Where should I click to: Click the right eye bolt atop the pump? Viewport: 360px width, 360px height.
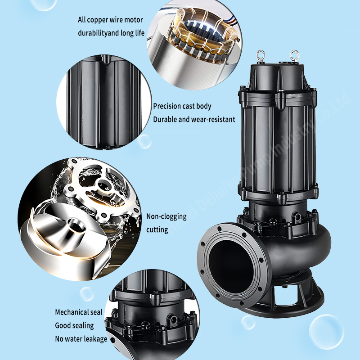tap(295, 56)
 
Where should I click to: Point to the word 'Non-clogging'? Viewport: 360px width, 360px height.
tap(166, 216)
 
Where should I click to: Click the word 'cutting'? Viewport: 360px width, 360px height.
tap(157, 229)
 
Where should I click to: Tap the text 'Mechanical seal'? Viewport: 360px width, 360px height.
tap(79, 312)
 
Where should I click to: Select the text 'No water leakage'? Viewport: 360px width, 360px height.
tap(81, 339)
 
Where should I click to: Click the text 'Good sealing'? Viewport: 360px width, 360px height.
tap(74, 325)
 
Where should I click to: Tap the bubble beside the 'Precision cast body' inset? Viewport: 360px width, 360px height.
tap(144, 141)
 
